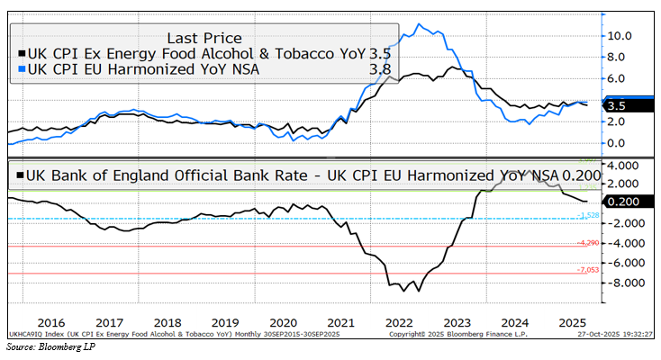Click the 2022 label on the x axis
click(x=397, y=322)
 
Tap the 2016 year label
click(x=52, y=322)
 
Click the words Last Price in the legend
click(x=204, y=38)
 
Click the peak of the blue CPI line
click(x=417, y=24)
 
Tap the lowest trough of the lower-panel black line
click(x=405, y=291)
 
